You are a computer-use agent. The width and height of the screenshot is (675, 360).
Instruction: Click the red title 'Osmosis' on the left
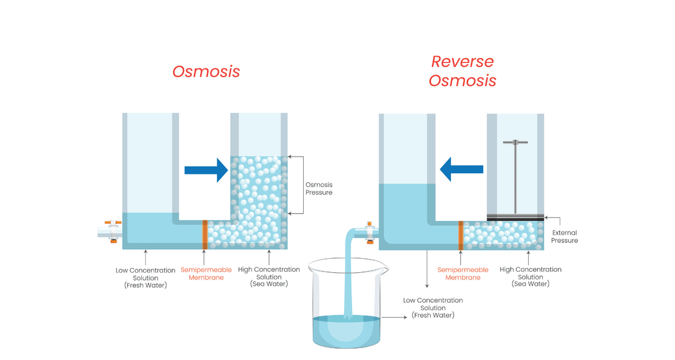point(206,72)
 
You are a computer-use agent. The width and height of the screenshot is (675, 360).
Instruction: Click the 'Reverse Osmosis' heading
point(462,71)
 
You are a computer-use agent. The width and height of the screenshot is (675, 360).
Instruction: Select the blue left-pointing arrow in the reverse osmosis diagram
point(462,169)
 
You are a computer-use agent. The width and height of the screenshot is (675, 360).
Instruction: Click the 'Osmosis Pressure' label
point(318,188)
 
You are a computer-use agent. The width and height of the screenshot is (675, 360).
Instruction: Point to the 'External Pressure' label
point(564,236)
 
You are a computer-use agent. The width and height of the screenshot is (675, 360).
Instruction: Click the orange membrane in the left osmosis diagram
point(205,235)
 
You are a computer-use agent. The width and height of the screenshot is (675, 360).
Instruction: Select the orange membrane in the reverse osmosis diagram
point(461,235)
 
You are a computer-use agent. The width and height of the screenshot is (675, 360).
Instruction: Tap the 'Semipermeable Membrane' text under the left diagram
point(202,273)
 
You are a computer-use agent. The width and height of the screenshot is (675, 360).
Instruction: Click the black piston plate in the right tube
point(515,217)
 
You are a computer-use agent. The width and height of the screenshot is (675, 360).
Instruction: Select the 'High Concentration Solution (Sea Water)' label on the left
point(269,277)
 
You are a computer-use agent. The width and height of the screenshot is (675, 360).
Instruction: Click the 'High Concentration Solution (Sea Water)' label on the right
point(530,277)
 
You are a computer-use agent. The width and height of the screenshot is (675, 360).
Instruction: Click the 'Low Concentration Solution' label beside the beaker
point(433,308)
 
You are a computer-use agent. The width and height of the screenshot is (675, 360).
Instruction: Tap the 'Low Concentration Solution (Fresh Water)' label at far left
point(146,278)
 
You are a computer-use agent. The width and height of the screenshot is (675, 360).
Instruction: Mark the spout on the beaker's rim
point(384,268)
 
